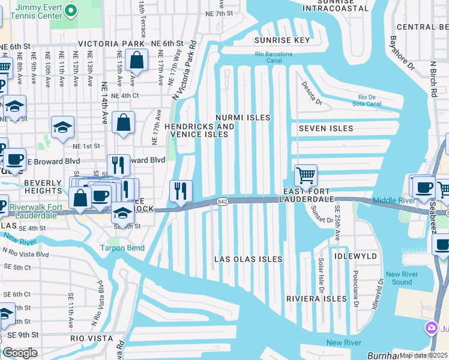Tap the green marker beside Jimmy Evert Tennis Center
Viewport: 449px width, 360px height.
tap(70, 10)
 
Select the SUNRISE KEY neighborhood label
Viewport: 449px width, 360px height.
tap(282, 41)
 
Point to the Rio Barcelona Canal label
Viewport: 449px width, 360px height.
tap(273, 58)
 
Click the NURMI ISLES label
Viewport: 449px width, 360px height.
tap(243, 118)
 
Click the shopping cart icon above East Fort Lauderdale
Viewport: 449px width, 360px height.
tap(306, 176)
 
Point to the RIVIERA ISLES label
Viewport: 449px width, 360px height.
tap(316, 299)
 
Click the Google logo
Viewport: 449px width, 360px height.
tap(20, 353)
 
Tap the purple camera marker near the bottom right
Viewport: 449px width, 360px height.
tap(430, 328)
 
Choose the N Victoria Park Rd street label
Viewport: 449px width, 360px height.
tap(184, 71)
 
